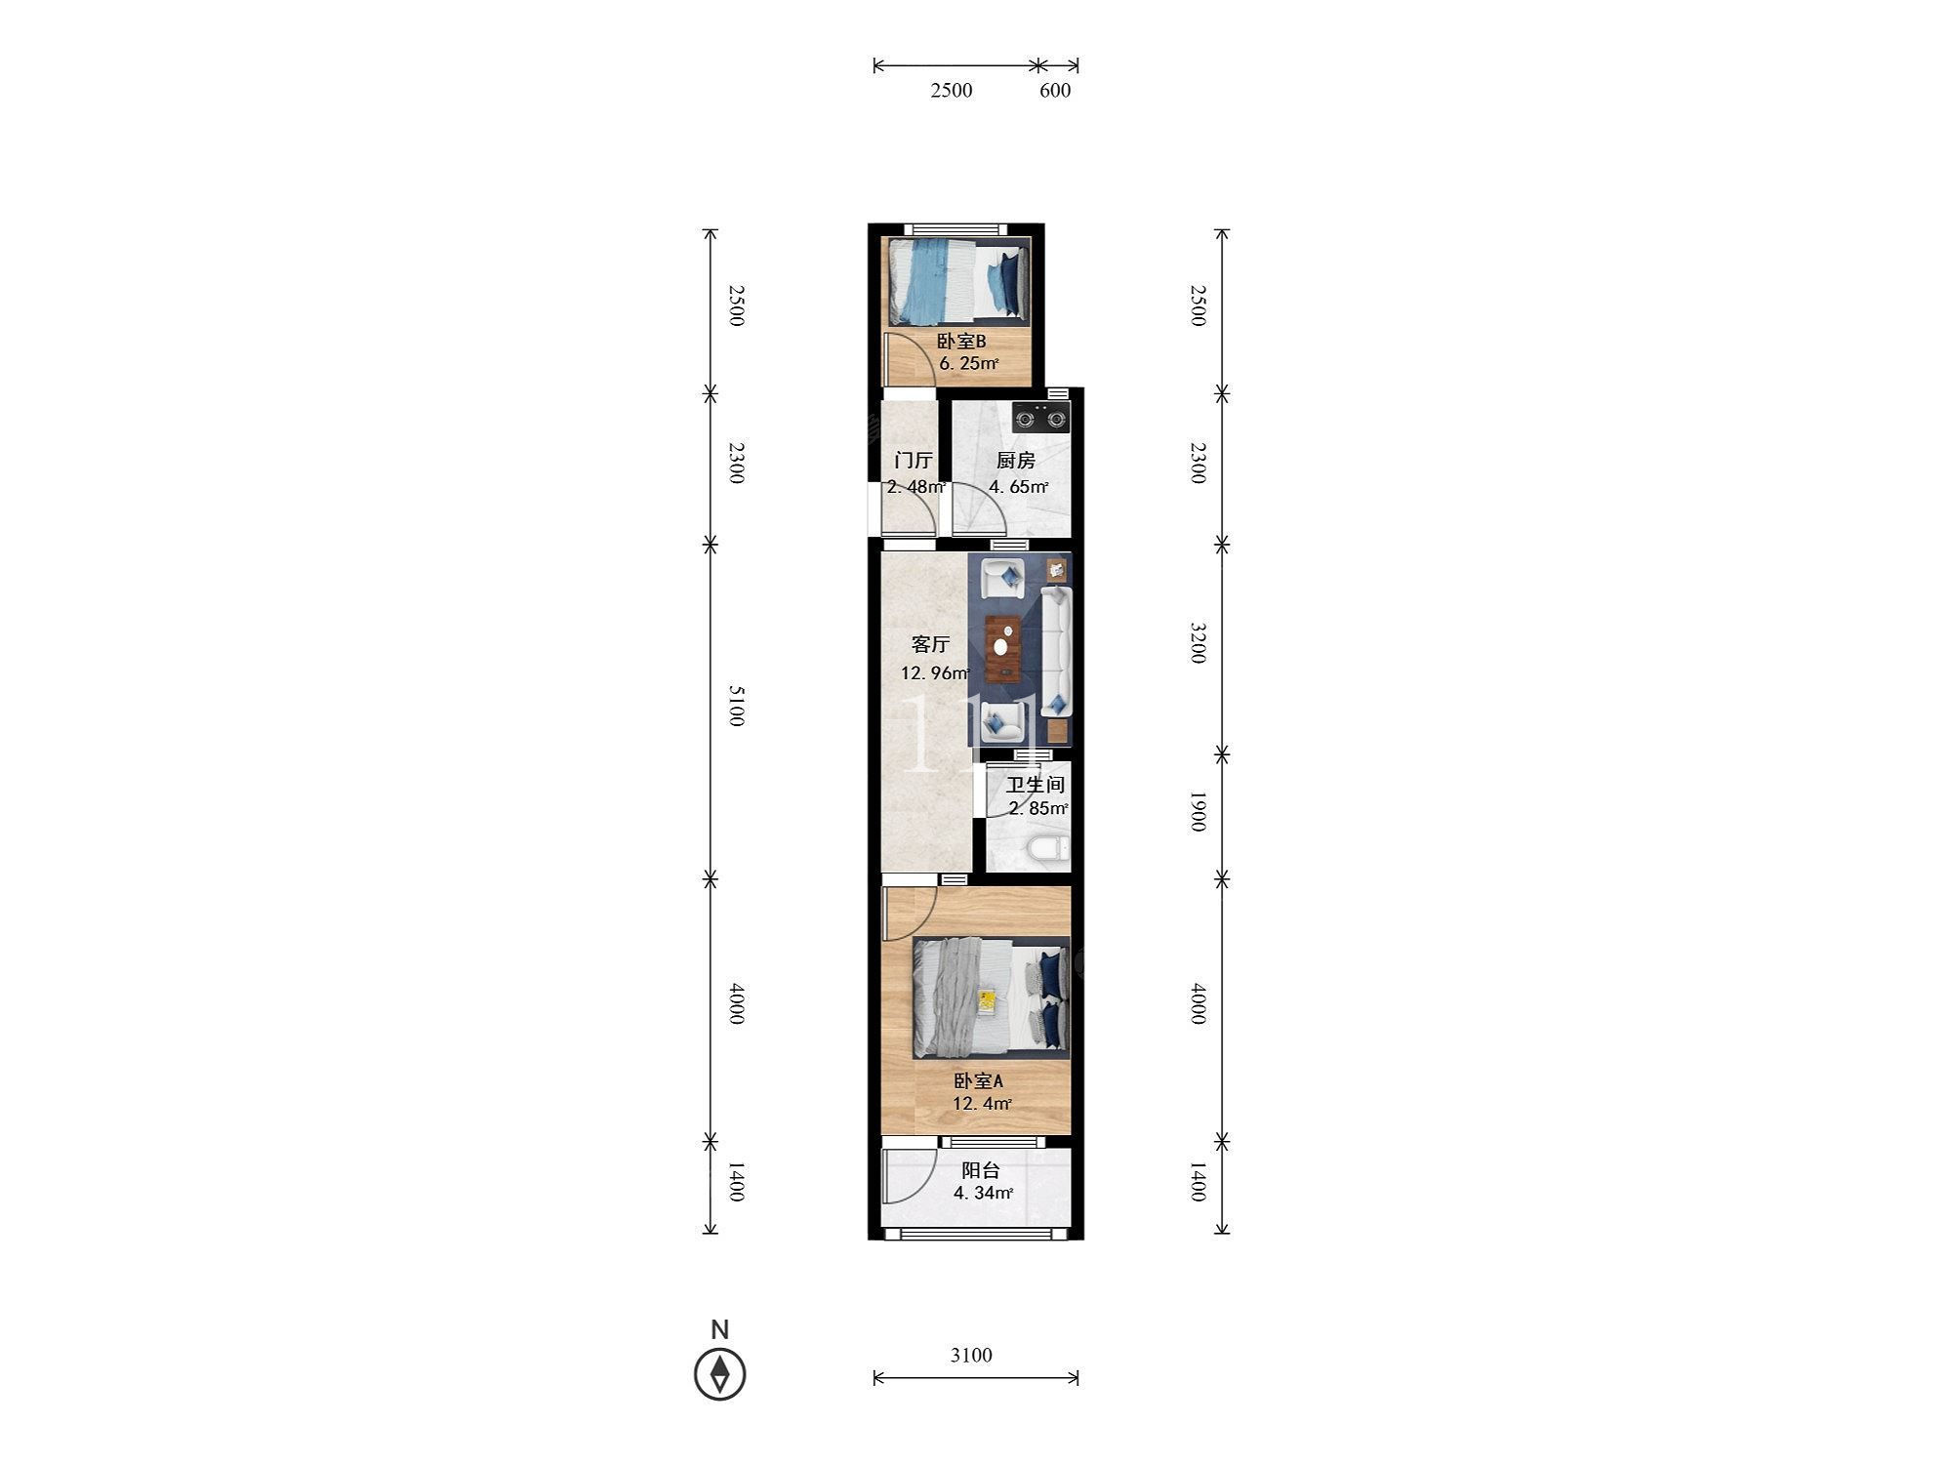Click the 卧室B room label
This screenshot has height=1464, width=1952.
961,342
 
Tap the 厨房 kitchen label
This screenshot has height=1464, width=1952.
1015,461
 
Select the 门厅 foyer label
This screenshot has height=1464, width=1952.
914,461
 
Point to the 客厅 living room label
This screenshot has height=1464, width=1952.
930,644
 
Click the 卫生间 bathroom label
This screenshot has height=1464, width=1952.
1036,785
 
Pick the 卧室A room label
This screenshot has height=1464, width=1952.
978,1081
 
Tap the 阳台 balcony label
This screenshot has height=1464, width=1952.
981,1170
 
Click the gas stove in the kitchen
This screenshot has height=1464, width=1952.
1040,418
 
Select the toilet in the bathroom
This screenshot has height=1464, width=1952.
1046,847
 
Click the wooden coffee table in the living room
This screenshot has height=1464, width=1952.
1003,648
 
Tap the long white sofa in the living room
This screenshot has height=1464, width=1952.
1057,651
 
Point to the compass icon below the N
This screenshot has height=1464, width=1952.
720,1374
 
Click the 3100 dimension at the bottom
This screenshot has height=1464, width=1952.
971,1355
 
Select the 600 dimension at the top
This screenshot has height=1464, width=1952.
1055,91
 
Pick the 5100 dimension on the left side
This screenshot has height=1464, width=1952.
737,706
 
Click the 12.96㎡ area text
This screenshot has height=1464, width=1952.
935,673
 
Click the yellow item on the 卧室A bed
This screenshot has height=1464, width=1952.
988,1000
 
